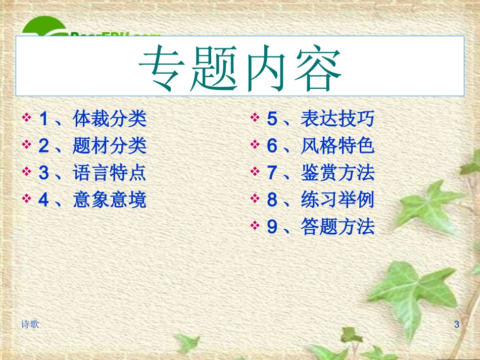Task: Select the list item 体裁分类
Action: (x=110, y=119)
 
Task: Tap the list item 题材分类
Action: (x=110, y=146)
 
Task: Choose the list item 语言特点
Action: (x=110, y=173)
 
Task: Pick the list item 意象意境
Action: (x=110, y=200)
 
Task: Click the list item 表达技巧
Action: (x=338, y=119)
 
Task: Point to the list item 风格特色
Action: (x=338, y=146)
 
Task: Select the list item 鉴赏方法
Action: (x=338, y=173)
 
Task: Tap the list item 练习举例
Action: (x=338, y=200)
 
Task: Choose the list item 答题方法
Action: (x=338, y=227)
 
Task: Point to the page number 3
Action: (x=457, y=325)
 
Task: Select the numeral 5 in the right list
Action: (x=272, y=120)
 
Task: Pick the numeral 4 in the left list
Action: (x=44, y=200)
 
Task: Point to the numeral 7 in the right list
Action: (x=272, y=173)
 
